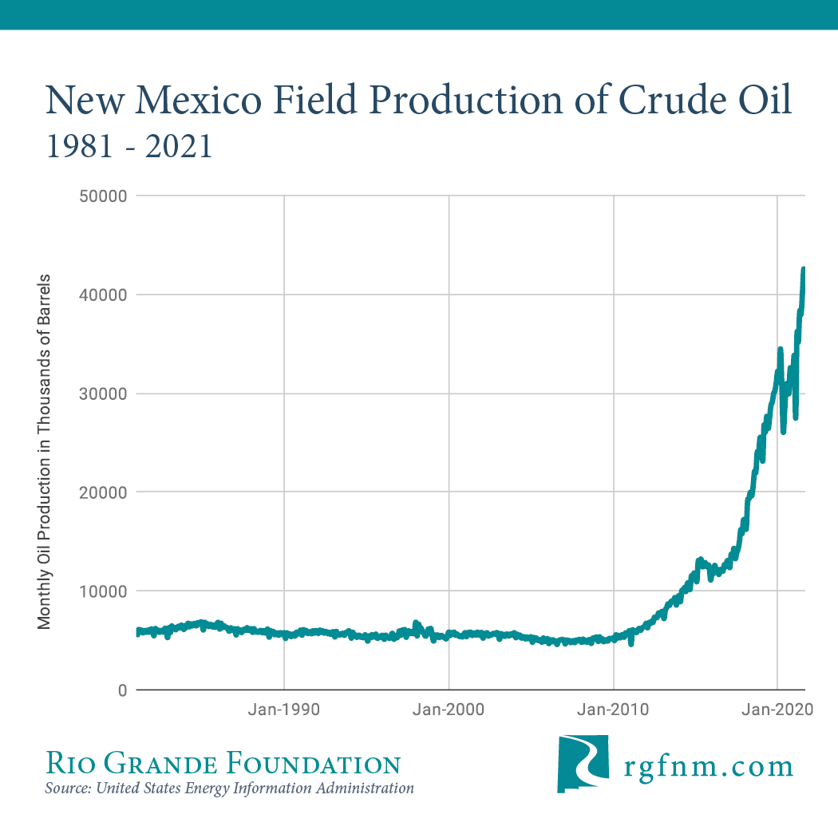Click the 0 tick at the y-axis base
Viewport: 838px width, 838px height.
[122, 690]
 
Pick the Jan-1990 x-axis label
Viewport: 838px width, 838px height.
[285, 710]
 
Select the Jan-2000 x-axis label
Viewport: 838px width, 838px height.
[449, 710]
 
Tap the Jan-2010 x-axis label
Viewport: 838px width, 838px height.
[614, 710]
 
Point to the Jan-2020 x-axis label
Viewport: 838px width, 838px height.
[777, 710]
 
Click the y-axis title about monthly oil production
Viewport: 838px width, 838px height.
[45, 452]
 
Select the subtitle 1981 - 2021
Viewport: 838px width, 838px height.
[129, 146]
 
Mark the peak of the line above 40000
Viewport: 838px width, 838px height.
[803, 270]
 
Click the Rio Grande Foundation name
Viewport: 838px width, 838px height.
[223, 764]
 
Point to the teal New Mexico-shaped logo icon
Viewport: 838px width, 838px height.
[582, 764]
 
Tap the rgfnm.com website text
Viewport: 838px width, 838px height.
[709, 767]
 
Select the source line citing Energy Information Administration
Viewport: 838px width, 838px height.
[230, 789]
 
